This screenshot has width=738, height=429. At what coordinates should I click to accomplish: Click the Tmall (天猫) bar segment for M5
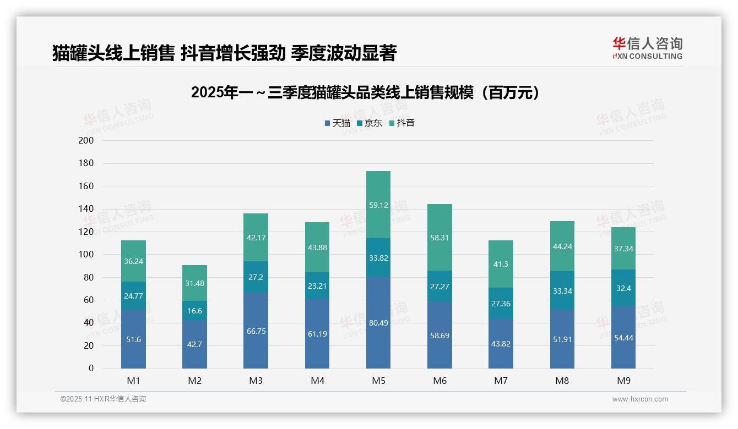tap(378, 322)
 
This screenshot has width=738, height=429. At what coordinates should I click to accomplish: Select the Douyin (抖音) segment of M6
tap(439, 237)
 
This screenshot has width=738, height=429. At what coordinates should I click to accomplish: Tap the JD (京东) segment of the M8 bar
tap(562, 290)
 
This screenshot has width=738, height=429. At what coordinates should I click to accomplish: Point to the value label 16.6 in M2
tap(194, 311)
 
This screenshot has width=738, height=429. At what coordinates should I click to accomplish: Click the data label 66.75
tap(256, 331)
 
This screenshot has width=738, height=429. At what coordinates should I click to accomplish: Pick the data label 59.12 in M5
tap(378, 205)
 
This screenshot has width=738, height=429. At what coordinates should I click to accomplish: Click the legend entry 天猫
tap(337, 123)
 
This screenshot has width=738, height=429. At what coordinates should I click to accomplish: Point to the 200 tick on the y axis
tap(86, 141)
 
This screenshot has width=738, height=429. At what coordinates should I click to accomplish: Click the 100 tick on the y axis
tap(86, 255)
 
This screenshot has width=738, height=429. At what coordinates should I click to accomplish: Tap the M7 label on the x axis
tap(501, 381)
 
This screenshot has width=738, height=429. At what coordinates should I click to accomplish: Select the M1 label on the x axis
tap(133, 381)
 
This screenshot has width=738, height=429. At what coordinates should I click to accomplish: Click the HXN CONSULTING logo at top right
tap(647, 48)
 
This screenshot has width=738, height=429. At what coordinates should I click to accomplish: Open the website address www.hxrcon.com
tap(639, 399)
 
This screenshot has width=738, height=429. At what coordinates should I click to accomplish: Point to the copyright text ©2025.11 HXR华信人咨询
tap(103, 399)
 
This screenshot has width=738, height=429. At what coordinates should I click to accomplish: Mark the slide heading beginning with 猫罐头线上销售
tap(224, 53)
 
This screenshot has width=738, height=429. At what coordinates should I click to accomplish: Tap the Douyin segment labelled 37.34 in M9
tap(623, 248)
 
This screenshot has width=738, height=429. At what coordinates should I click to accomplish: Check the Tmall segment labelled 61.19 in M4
tap(317, 334)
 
